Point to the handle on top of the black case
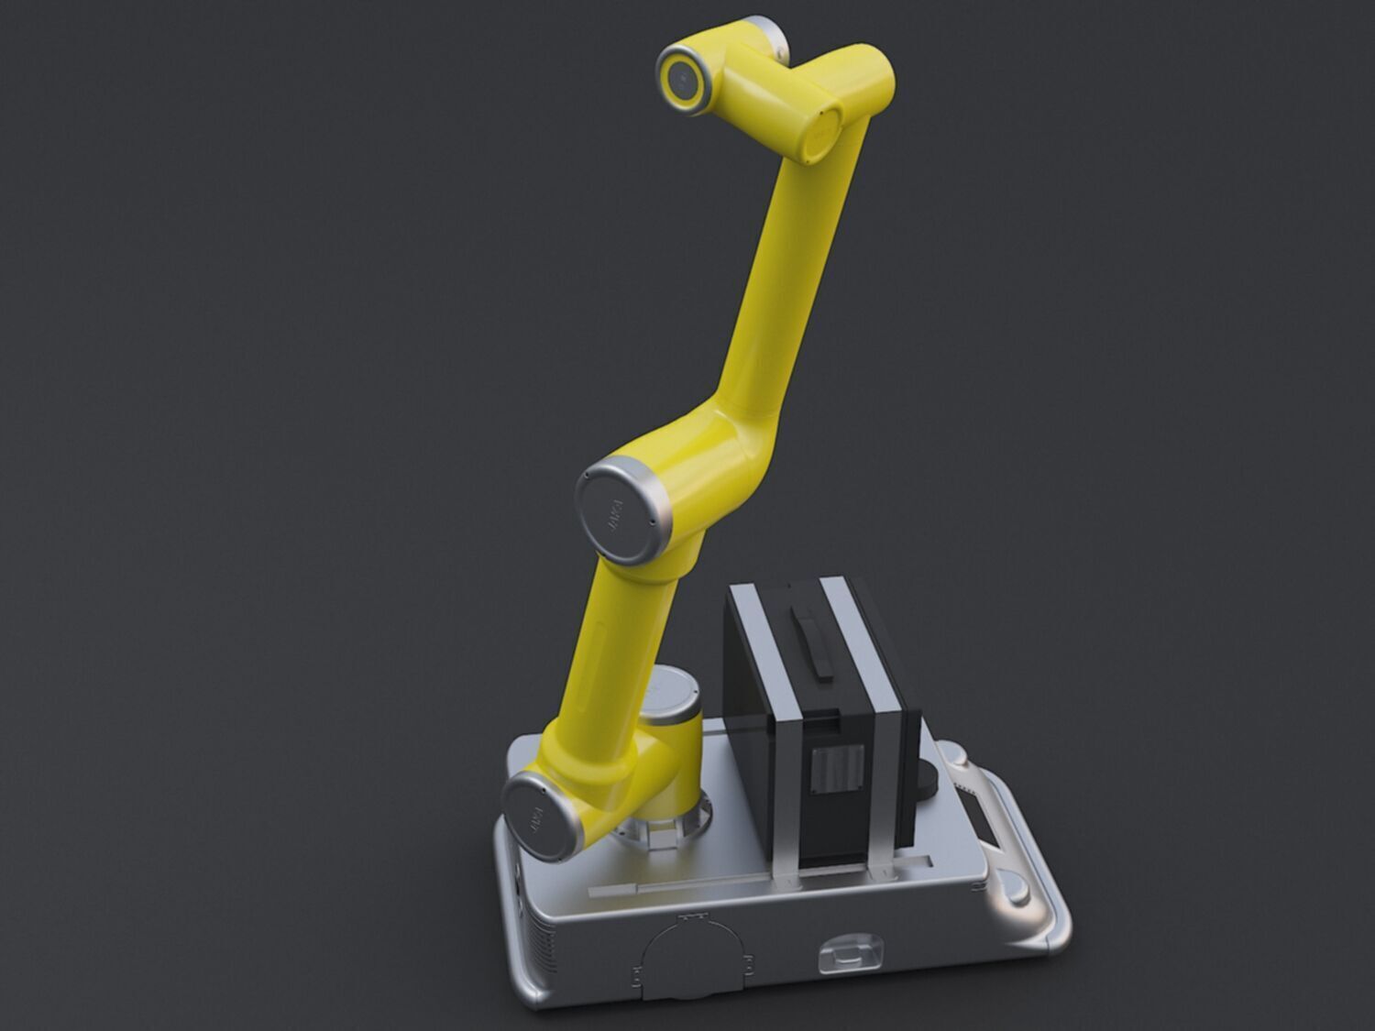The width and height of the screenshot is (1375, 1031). tap(815, 645)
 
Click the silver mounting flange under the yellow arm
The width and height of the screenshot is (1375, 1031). tap(665, 828)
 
